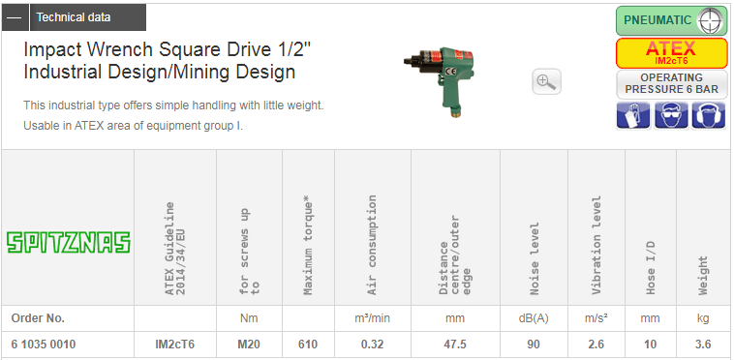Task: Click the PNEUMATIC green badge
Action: tap(671, 20)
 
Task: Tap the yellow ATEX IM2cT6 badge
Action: tap(671, 53)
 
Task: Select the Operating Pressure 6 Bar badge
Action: tap(671, 83)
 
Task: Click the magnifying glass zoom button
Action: tap(546, 81)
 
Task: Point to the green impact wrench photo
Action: tap(439, 80)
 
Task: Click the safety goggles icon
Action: tap(671, 114)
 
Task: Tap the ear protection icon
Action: tap(708, 114)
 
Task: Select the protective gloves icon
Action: tap(633, 114)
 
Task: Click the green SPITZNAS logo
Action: tap(69, 243)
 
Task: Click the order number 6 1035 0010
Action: tap(43, 345)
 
